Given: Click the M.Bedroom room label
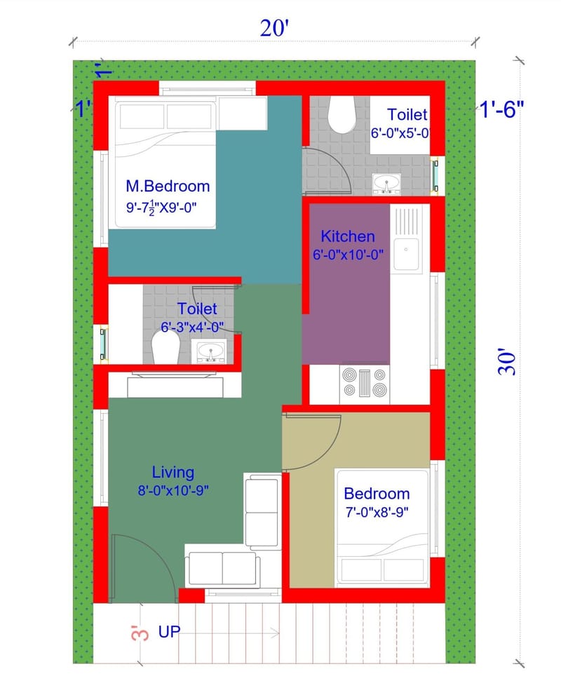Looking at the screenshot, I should coord(168,186).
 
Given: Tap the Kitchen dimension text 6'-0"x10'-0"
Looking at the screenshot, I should coord(348,255).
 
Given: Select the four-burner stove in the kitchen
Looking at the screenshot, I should coord(364,383).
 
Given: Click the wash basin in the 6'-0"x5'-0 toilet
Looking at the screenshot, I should coord(386,183).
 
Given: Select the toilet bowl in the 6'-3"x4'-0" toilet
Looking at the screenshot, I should coord(166,346).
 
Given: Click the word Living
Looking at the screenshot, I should coord(173,472).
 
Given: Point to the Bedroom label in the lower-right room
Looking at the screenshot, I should coord(377,493).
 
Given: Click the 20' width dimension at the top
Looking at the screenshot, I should coord(275,29).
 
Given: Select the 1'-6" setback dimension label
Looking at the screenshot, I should coord(501,109).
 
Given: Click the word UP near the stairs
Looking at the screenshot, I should coord(169,632).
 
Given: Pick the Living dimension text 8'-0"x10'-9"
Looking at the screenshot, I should coord(173,491).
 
